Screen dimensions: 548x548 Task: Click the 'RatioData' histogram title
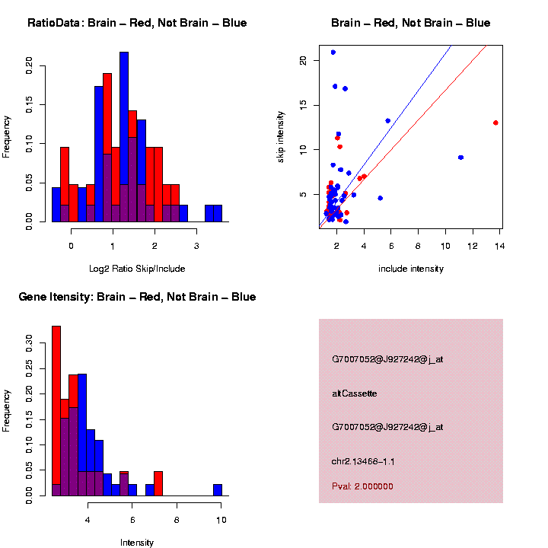point(137,24)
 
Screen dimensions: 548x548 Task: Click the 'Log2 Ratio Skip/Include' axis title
point(137,269)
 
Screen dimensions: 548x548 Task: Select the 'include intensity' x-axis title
point(411,269)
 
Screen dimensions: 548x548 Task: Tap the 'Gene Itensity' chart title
point(137,297)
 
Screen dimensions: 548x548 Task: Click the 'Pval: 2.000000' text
point(362,486)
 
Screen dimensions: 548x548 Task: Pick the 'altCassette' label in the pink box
point(355,393)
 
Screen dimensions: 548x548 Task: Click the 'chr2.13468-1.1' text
point(363,461)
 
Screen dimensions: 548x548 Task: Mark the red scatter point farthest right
point(495,123)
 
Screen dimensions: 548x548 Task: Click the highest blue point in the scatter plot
point(333,53)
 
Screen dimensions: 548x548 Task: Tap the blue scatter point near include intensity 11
point(460,158)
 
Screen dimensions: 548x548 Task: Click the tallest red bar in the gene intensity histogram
point(56,411)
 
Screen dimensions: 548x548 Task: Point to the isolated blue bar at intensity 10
point(218,490)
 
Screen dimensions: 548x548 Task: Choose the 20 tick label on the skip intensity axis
point(303,60)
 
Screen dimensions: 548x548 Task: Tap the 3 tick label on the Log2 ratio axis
point(196,246)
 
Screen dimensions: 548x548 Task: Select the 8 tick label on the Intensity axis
point(177,520)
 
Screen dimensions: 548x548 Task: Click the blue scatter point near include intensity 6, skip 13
point(388,121)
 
